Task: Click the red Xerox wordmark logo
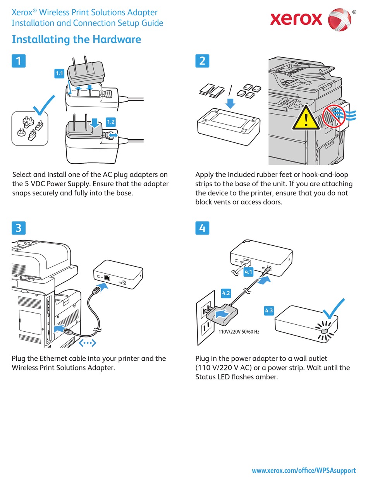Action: (x=296, y=19)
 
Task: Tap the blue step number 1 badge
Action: (x=19, y=61)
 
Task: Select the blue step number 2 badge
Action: (x=202, y=61)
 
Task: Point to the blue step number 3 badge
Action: (x=19, y=228)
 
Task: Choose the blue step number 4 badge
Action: (x=202, y=228)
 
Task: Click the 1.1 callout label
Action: (x=59, y=73)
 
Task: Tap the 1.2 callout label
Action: (x=110, y=122)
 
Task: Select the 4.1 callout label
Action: (x=248, y=272)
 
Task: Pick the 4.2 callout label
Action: (x=226, y=293)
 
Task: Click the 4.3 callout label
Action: (x=269, y=310)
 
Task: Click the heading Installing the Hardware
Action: (x=76, y=39)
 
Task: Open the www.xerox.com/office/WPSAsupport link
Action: (x=303, y=471)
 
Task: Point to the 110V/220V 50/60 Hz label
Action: (x=239, y=332)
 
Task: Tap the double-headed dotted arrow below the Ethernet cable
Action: (x=88, y=343)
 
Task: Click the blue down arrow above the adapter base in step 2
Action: (x=230, y=103)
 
